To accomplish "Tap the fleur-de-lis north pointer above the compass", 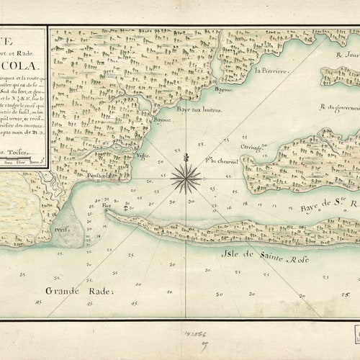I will coord(186,156).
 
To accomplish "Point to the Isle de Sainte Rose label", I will coord(267,258).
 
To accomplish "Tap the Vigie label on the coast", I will coord(143,155).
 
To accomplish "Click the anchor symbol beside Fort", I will coord(125,207).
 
